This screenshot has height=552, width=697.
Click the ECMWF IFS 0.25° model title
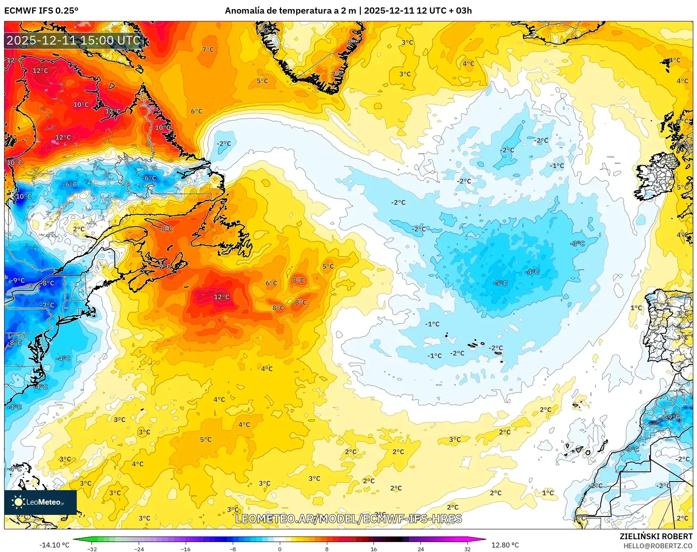pyautogui.click(x=41, y=11)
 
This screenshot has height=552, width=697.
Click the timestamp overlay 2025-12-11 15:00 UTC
pyautogui.click(x=73, y=40)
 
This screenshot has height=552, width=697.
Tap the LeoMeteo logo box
pyautogui.click(x=40, y=502)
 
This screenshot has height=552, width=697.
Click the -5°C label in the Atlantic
pyautogui.click(x=500, y=283)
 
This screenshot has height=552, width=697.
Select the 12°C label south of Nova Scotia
pyautogui.click(x=221, y=297)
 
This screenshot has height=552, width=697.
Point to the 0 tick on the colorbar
pyautogui.click(x=280, y=549)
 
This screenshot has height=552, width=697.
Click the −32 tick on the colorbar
pyautogui.click(x=92, y=549)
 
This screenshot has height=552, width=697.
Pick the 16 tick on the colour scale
pyautogui.click(x=373, y=549)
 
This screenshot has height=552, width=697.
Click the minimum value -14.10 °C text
pyautogui.click(x=54, y=545)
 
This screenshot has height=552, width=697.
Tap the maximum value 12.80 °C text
pyautogui.click(x=505, y=545)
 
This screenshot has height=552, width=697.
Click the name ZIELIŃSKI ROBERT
pyautogui.click(x=656, y=536)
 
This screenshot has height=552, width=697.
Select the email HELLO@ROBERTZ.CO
pyautogui.click(x=658, y=546)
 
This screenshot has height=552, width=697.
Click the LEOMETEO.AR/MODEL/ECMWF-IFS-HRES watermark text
pyautogui.click(x=348, y=519)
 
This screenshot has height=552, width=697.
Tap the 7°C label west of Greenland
pyautogui.click(x=208, y=49)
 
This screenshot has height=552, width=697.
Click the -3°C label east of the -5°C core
pyautogui.click(x=577, y=244)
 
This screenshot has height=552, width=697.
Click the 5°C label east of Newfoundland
pyautogui.click(x=328, y=266)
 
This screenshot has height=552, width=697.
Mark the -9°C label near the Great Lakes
pyautogui.click(x=17, y=280)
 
